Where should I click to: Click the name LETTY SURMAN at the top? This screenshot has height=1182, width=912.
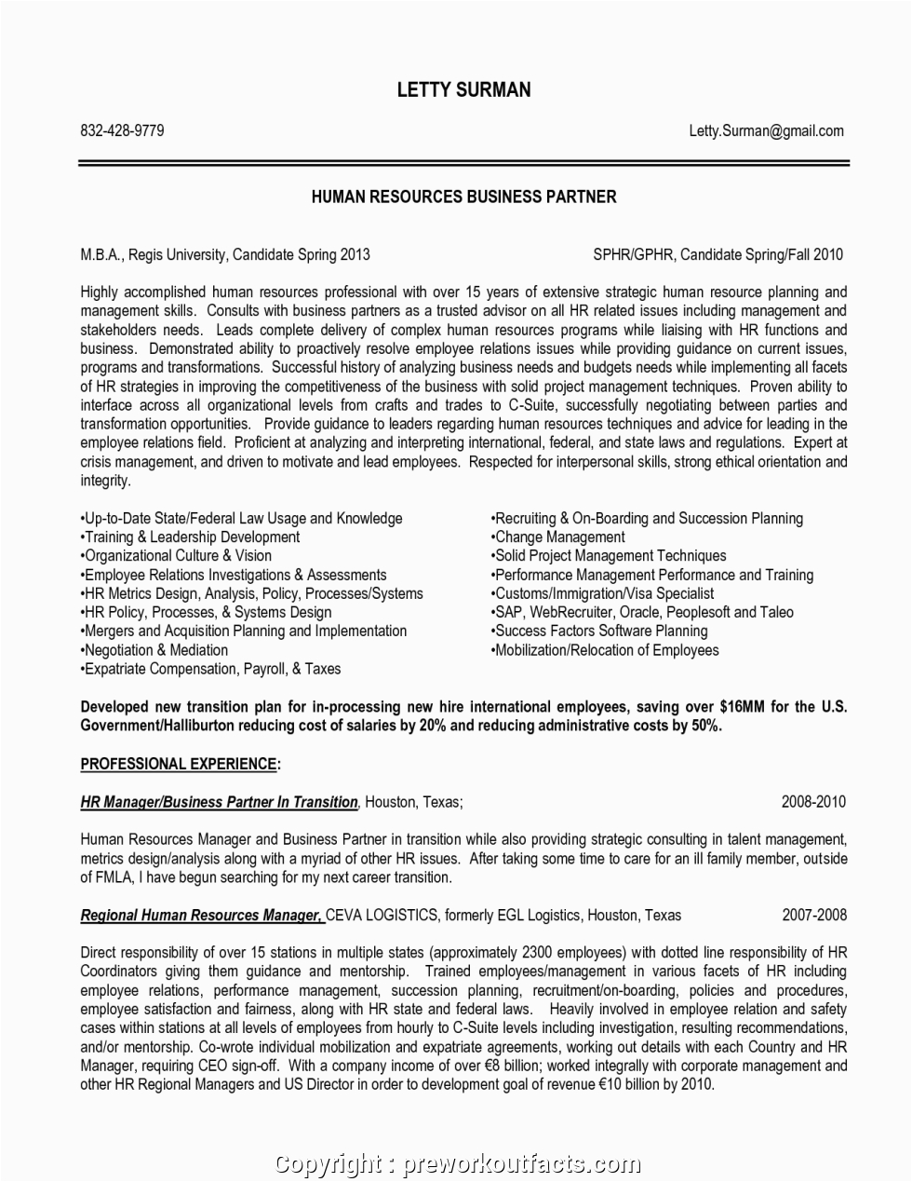click(463, 89)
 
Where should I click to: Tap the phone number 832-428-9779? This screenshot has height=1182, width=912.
click(122, 131)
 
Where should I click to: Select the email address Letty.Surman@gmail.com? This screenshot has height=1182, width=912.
click(766, 131)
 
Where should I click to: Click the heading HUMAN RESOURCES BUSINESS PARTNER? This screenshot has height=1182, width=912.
click(463, 197)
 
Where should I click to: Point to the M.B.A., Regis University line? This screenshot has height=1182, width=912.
click(225, 254)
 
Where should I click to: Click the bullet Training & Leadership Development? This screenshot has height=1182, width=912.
click(192, 537)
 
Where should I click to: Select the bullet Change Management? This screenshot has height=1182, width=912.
click(558, 537)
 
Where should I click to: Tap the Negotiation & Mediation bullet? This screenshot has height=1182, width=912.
click(155, 650)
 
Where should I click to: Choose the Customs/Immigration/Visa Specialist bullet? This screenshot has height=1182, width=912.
click(603, 593)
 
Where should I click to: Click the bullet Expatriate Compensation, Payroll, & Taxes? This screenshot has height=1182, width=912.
click(211, 669)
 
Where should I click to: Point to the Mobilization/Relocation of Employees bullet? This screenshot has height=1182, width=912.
click(605, 650)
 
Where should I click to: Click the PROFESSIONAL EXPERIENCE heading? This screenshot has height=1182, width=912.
click(181, 764)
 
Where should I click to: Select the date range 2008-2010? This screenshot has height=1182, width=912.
click(813, 801)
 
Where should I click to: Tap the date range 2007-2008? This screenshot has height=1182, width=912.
click(813, 915)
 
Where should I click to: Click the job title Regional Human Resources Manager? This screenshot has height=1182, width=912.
click(202, 915)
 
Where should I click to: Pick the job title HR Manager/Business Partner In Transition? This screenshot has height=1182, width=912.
click(220, 802)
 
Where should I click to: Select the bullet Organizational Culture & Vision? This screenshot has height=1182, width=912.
click(179, 555)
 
